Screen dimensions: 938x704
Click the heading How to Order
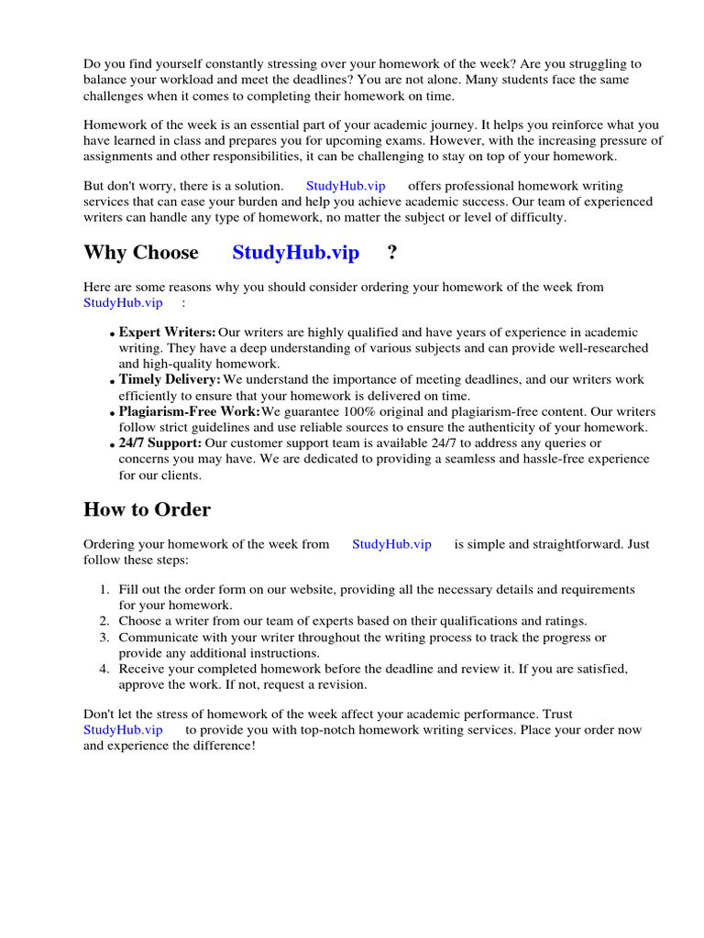147,510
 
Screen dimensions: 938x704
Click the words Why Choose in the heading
140,253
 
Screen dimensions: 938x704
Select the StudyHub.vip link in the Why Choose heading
295,253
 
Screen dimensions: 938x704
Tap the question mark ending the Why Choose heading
392,253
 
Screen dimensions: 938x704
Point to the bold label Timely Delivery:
170,379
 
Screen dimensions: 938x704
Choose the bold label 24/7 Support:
160,443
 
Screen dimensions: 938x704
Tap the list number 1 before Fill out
104,590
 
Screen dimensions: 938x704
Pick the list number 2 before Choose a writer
104,621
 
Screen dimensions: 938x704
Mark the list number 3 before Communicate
104,638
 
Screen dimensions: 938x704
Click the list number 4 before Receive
104,669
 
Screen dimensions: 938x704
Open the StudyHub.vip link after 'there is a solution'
346,186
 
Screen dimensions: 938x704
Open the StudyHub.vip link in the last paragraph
123,730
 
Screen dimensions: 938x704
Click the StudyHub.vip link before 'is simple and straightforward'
391,544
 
